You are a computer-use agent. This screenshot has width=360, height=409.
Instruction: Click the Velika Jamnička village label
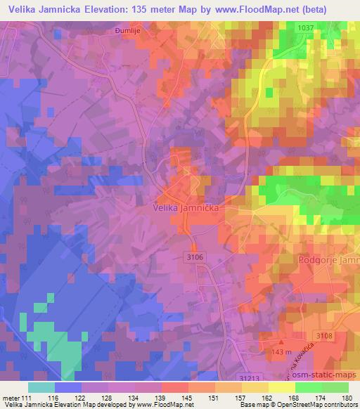pos(188,209)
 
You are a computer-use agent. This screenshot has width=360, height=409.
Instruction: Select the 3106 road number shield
pos(196,258)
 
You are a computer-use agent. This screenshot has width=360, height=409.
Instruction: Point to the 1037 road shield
pos(304,27)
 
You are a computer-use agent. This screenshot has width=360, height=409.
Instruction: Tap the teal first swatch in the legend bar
pos(41,387)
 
